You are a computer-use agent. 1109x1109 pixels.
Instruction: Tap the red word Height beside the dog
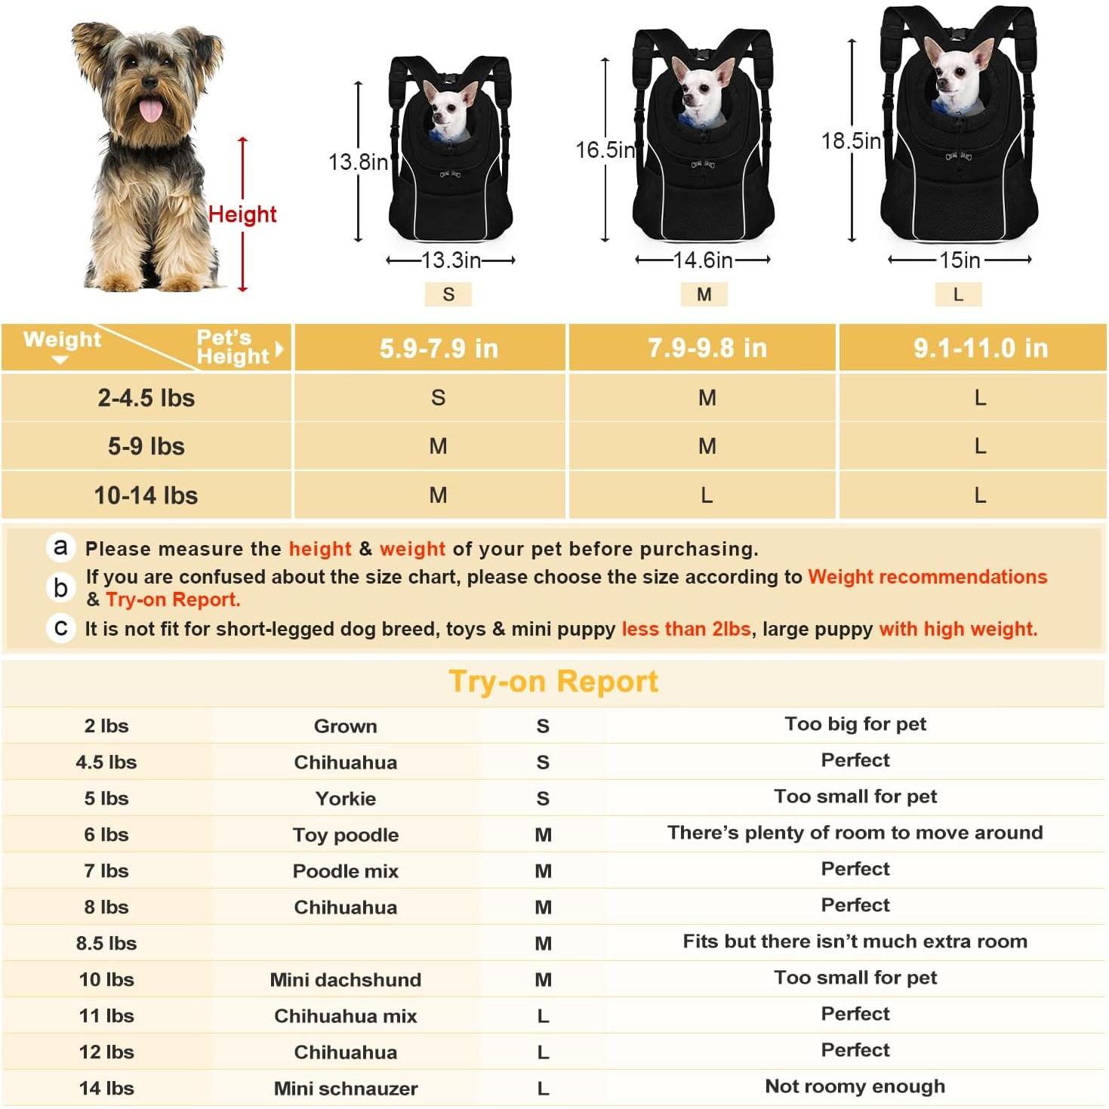point(242,214)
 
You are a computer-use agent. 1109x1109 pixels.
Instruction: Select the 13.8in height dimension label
point(358,162)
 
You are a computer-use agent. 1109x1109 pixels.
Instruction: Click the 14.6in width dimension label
point(703,260)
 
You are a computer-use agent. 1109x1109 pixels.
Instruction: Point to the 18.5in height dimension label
point(851,141)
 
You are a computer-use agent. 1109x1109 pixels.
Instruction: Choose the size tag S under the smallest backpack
point(448,294)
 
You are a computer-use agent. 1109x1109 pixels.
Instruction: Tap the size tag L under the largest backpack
point(958,294)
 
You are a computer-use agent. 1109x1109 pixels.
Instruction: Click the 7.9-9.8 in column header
point(707,348)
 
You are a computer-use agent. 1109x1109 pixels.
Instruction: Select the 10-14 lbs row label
point(146,495)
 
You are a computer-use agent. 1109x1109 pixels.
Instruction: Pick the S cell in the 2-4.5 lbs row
point(438,398)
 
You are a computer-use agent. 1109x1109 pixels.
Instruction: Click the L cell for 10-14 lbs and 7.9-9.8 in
point(707,495)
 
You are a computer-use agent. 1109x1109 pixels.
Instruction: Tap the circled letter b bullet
point(61,587)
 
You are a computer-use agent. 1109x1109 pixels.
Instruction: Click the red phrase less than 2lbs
point(685,629)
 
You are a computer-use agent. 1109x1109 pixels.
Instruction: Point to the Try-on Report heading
point(553,681)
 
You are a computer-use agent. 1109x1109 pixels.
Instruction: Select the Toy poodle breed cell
point(345,834)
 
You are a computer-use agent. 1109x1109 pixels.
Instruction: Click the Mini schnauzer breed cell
point(345,1088)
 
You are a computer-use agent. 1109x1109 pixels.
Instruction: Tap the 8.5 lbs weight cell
point(106,943)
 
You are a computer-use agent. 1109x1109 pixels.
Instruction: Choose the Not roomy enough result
point(855,1086)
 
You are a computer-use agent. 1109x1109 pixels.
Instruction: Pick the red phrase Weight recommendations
point(927,577)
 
